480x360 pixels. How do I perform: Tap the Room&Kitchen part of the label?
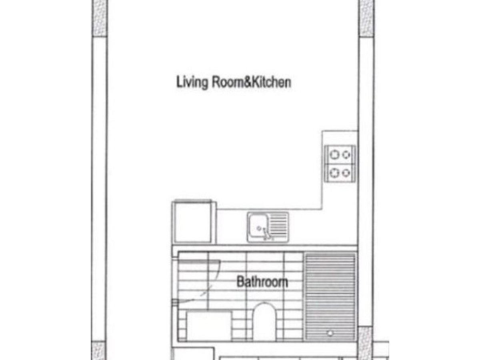pyautogui.click(x=251, y=82)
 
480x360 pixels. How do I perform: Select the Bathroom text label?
pyautogui.click(x=262, y=282)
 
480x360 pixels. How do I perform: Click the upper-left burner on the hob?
pyautogui.click(x=334, y=155)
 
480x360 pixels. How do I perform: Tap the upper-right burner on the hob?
pyautogui.click(x=346, y=155)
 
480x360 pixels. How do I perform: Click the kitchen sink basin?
pyautogui.click(x=259, y=227)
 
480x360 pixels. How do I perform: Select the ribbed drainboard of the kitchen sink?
pyautogui.click(x=278, y=226)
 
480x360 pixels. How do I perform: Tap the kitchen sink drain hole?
pyautogui.click(x=259, y=228)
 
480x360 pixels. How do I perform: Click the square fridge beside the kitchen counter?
pyautogui.click(x=194, y=222)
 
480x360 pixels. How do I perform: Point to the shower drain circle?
pyautogui.click(x=330, y=333)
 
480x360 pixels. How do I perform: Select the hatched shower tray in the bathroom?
pyautogui.click(x=330, y=297)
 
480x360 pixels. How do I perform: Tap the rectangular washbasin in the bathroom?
pyautogui.click(x=209, y=326)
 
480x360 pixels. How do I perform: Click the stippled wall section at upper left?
pyautogui.click(x=99, y=18)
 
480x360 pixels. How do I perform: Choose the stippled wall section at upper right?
pyautogui.click(x=366, y=18)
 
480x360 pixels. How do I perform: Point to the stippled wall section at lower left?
pyautogui.click(x=98, y=350)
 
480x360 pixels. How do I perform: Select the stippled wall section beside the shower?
pyautogui.click(x=365, y=343)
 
